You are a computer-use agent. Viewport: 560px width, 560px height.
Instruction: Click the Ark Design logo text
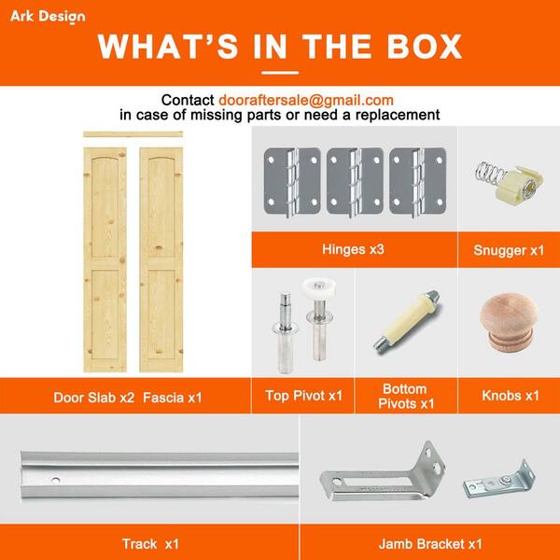[x=48, y=17]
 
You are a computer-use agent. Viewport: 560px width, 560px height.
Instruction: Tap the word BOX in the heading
[x=425, y=47]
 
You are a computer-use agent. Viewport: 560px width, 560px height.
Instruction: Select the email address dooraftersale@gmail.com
[x=306, y=101]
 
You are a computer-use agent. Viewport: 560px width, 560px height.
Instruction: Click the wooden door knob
[x=509, y=322]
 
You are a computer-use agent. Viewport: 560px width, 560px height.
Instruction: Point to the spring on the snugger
[x=489, y=173]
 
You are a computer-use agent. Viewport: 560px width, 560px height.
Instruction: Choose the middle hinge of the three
[x=355, y=181]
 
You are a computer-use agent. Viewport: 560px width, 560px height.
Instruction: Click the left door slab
[x=105, y=259]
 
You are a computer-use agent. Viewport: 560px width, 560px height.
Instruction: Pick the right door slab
[x=161, y=259]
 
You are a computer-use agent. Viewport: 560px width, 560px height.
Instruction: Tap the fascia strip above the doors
[x=133, y=134]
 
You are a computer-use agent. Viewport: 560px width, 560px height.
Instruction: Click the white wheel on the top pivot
[x=319, y=287]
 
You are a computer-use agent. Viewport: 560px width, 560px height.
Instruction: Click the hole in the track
[x=55, y=481]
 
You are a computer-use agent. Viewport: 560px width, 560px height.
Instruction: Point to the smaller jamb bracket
[x=500, y=480]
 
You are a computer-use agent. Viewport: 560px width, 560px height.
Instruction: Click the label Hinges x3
[x=353, y=249]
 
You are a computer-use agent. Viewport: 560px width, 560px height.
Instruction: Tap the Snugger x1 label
[x=509, y=250]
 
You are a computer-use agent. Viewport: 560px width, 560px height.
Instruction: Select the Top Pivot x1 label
[x=303, y=396]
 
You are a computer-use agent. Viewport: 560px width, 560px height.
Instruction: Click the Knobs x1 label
[x=511, y=396]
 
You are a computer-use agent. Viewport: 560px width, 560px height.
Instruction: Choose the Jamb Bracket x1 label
[x=430, y=544]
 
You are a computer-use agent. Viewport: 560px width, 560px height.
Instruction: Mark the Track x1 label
[x=150, y=544]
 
